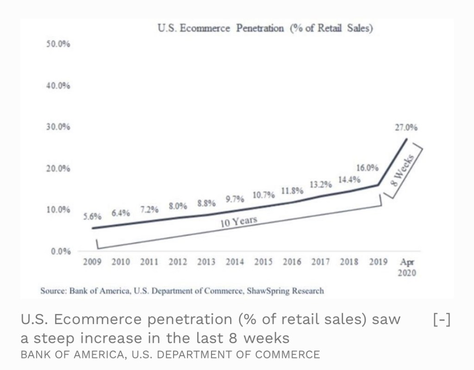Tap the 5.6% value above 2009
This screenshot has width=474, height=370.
(93, 216)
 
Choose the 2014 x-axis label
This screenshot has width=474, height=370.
(235, 262)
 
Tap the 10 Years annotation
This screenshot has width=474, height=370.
(238, 222)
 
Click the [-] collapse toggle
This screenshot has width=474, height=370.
(442, 320)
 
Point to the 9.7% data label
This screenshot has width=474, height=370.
(235, 199)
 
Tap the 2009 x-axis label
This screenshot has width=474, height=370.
(92, 262)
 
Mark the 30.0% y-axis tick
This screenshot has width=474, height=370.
(58, 127)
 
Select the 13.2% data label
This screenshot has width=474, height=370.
(320, 184)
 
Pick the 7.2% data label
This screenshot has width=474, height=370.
(150, 209)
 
